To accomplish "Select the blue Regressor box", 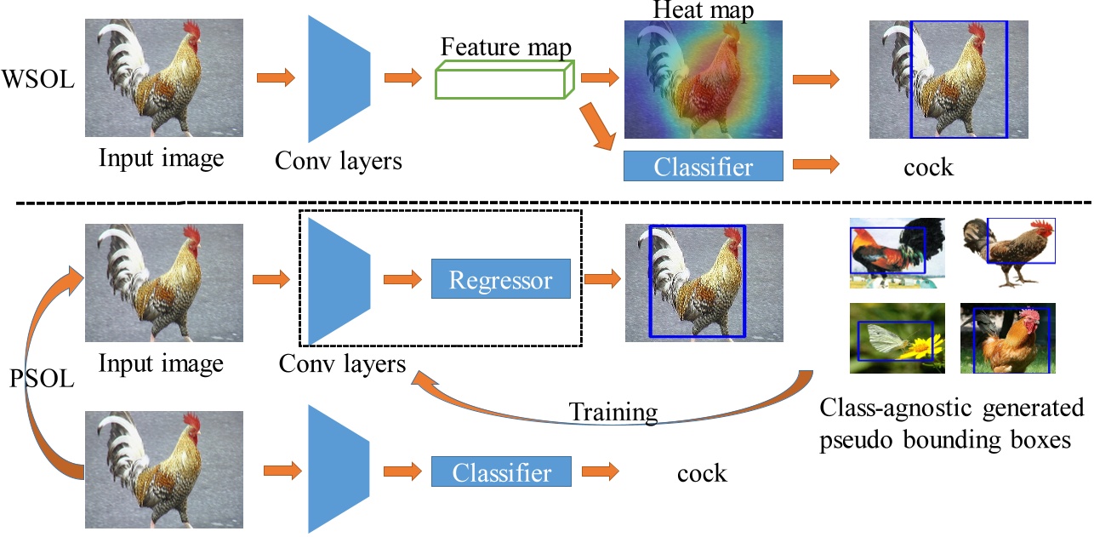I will coord(500,280).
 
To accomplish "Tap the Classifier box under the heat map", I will coord(703,166).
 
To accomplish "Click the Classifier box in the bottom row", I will coord(501,471).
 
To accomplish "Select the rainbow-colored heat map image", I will coord(703,81).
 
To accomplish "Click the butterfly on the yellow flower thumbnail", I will coord(897,338).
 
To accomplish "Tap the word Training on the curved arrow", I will coord(613,414).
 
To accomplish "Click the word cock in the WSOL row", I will coord(928,167).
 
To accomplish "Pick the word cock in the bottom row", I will coord(702,472).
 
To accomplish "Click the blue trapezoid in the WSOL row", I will coord(337,80).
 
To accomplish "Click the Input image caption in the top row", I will coord(162,158).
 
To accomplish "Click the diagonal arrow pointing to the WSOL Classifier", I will coord(599,127).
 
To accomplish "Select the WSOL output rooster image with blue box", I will coord(949,80).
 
